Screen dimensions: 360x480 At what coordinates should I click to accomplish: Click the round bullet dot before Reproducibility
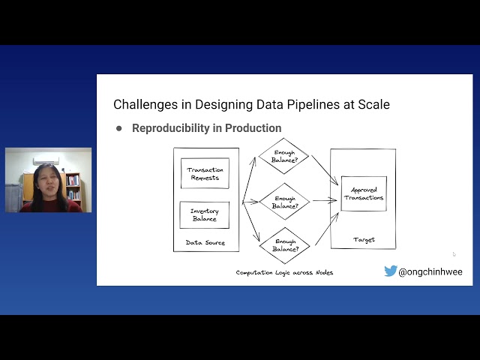tap(118, 128)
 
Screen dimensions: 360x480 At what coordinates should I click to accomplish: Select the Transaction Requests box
tap(205, 173)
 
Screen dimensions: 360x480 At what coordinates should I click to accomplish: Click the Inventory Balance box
tap(205, 214)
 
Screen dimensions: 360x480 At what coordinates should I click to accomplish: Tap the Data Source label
tap(205, 242)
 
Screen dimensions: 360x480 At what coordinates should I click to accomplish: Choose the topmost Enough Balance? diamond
tap(283, 156)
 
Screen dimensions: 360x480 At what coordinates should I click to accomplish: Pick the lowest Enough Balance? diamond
tap(284, 244)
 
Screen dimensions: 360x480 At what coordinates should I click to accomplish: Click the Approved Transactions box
tap(364, 194)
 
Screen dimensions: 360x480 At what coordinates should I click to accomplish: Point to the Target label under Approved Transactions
tap(364, 240)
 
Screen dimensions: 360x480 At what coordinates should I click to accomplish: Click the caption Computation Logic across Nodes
tap(284, 272)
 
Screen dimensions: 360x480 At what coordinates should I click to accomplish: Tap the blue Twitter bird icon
tap(390, 271)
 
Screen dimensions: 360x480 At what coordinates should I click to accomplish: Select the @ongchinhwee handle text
tap(432, 271)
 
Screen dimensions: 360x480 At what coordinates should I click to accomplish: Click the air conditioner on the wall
tap(46, 159)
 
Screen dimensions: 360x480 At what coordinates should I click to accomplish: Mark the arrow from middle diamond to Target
tap(324, 200)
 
